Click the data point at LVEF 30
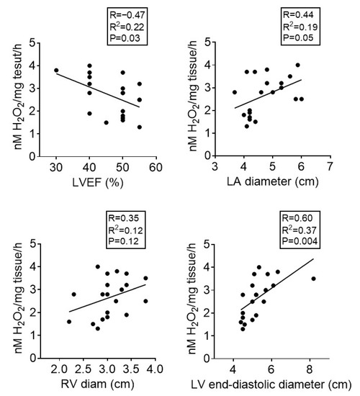56,71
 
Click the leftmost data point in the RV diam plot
69,322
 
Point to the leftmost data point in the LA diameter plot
234,92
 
